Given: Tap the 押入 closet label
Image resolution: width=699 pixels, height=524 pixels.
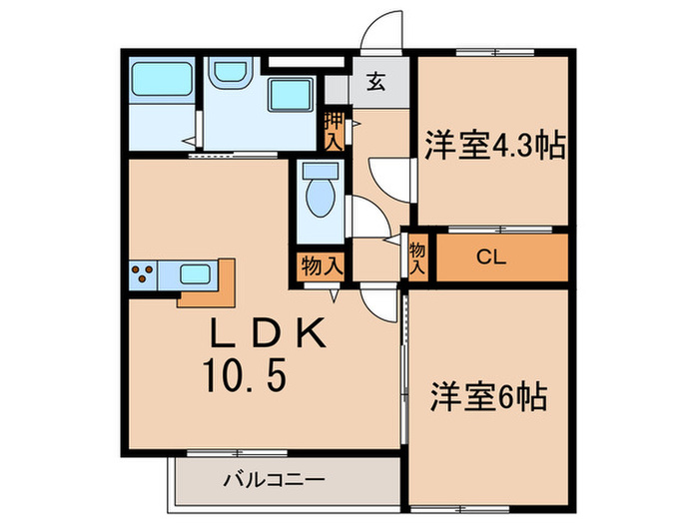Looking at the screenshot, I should coord(334,130).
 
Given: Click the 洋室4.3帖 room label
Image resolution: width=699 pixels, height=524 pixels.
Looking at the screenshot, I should coord(493,146).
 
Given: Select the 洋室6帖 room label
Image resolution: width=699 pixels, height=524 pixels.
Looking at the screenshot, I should coord(488,396).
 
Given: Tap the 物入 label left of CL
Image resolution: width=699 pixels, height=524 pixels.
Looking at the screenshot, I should coord(417,258).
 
